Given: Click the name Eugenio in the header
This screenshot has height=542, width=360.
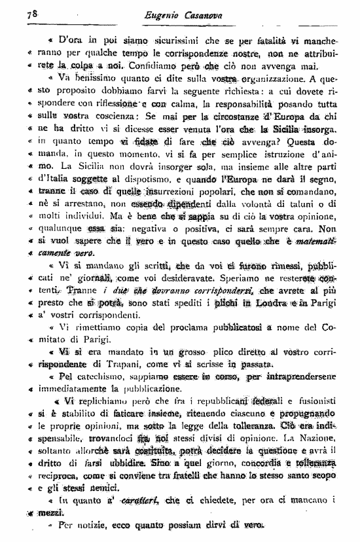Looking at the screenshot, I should [166, 14].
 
